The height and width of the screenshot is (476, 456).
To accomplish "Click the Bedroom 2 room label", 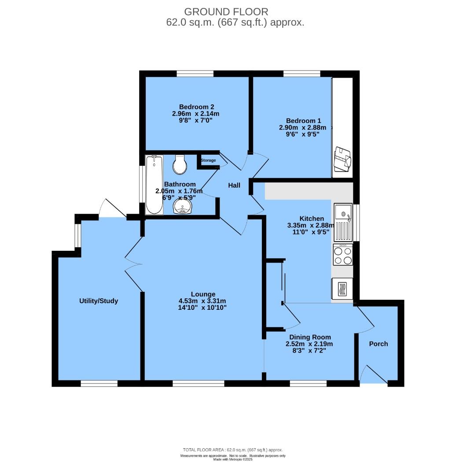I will click(196, 107).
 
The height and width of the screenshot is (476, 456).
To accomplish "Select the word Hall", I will click(234, 186).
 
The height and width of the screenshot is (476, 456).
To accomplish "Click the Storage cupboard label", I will click(208, 160).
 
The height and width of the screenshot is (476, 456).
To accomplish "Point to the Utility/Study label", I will click(99, 301).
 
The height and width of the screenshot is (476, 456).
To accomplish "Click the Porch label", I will click(379, 344).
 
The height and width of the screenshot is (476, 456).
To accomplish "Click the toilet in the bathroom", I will click(180, 164).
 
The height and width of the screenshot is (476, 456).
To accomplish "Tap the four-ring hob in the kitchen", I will click(343, 255).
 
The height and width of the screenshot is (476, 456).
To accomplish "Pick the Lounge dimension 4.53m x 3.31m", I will click(202, 301).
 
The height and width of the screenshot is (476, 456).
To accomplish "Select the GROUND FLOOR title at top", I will click(226, 12).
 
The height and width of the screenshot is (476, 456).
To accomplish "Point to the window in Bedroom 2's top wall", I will click(195, 74).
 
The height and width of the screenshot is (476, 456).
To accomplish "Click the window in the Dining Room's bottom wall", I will click(308, 383).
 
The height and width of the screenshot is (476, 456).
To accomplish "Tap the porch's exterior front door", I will click(373, 376).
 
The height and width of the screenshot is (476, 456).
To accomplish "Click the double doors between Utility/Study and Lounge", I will click(134, 264).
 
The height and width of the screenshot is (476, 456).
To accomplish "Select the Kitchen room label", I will click(312, 219).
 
